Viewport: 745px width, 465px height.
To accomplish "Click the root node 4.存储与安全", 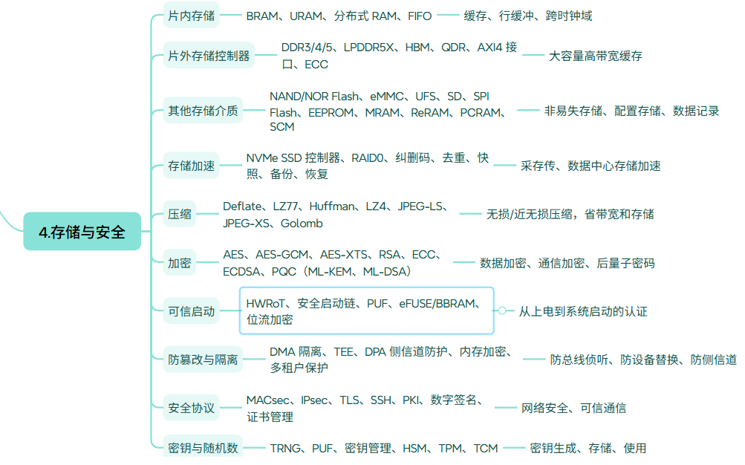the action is point(82,231).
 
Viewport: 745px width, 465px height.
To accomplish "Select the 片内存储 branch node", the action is point(191,16).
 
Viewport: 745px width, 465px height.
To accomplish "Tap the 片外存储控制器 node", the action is point(209,56).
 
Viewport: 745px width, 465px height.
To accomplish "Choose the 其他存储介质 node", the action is point(203,111).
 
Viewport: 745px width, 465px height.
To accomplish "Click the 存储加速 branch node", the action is point(191,166).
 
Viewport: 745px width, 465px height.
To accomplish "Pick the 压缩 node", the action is point(180,214).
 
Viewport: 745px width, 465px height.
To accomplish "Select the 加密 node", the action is point(180,263).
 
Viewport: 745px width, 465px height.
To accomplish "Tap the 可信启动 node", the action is point(191,311).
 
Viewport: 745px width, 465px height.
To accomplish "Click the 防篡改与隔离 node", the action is point(203,360).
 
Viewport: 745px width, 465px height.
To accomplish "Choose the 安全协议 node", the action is point(191,408).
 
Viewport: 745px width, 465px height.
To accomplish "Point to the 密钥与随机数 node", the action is point(203,447).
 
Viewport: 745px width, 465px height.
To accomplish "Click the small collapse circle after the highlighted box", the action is point(501,310).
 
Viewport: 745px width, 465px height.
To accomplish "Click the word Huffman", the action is point(331,207).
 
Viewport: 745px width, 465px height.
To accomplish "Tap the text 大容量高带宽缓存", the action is point(596,56).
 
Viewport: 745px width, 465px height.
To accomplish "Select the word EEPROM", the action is point(331,113).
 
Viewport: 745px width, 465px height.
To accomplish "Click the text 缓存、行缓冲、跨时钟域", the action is point(528,16).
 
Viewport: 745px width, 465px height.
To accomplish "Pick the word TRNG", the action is point(285,449).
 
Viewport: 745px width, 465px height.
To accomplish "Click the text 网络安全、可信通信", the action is point(573,408).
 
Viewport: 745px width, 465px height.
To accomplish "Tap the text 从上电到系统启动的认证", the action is point(583,311).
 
